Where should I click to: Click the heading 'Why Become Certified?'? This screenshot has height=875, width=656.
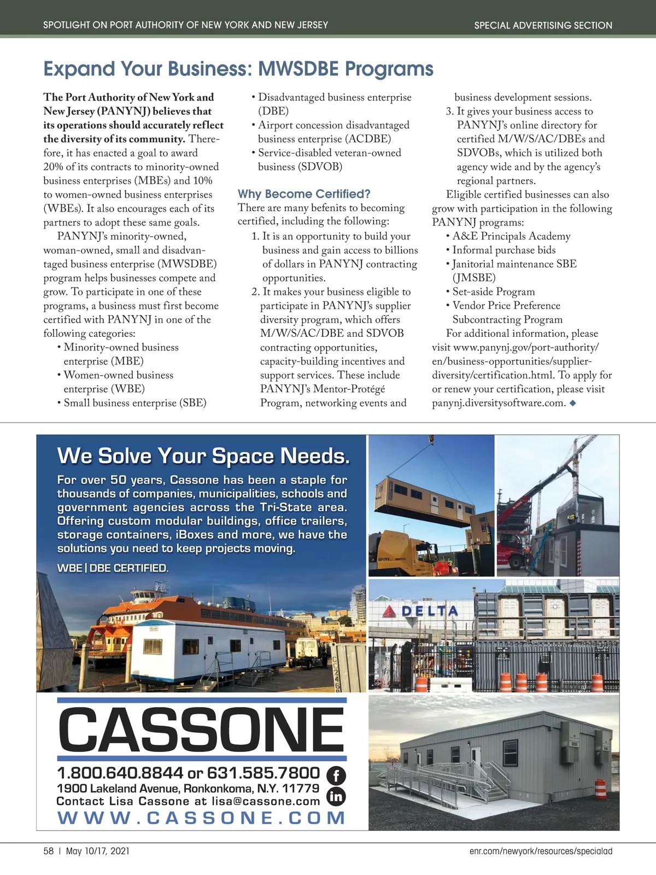pos(304,194)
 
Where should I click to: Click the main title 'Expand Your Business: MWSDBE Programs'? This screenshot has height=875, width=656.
pos(238,69)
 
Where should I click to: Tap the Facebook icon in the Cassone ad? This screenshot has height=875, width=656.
pos(336,775)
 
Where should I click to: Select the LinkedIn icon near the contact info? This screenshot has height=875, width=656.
pos(336,796)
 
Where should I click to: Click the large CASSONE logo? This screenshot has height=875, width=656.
pos(202,730)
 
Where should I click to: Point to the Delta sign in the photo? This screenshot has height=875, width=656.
pos(421,611)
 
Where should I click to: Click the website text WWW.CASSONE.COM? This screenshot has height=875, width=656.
pos(202,818)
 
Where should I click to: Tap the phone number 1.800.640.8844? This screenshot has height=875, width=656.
pos(120,773)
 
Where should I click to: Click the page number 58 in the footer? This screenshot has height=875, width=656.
pos(49,851)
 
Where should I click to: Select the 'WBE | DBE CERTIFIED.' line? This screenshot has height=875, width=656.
pos(113,568)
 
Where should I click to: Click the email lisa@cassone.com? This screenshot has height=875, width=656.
pos(266,802)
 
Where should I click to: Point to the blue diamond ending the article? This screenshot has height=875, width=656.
pos(572,404)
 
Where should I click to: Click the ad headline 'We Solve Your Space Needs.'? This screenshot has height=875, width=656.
pos(203,456)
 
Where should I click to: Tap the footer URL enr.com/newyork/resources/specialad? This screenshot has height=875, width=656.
pos(541,851)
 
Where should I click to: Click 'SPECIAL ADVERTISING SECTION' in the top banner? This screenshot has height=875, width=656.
pos(543,25)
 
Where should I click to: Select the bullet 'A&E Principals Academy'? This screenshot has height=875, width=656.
pos(511,236)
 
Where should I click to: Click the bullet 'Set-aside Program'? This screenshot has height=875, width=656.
pos(494,292)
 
